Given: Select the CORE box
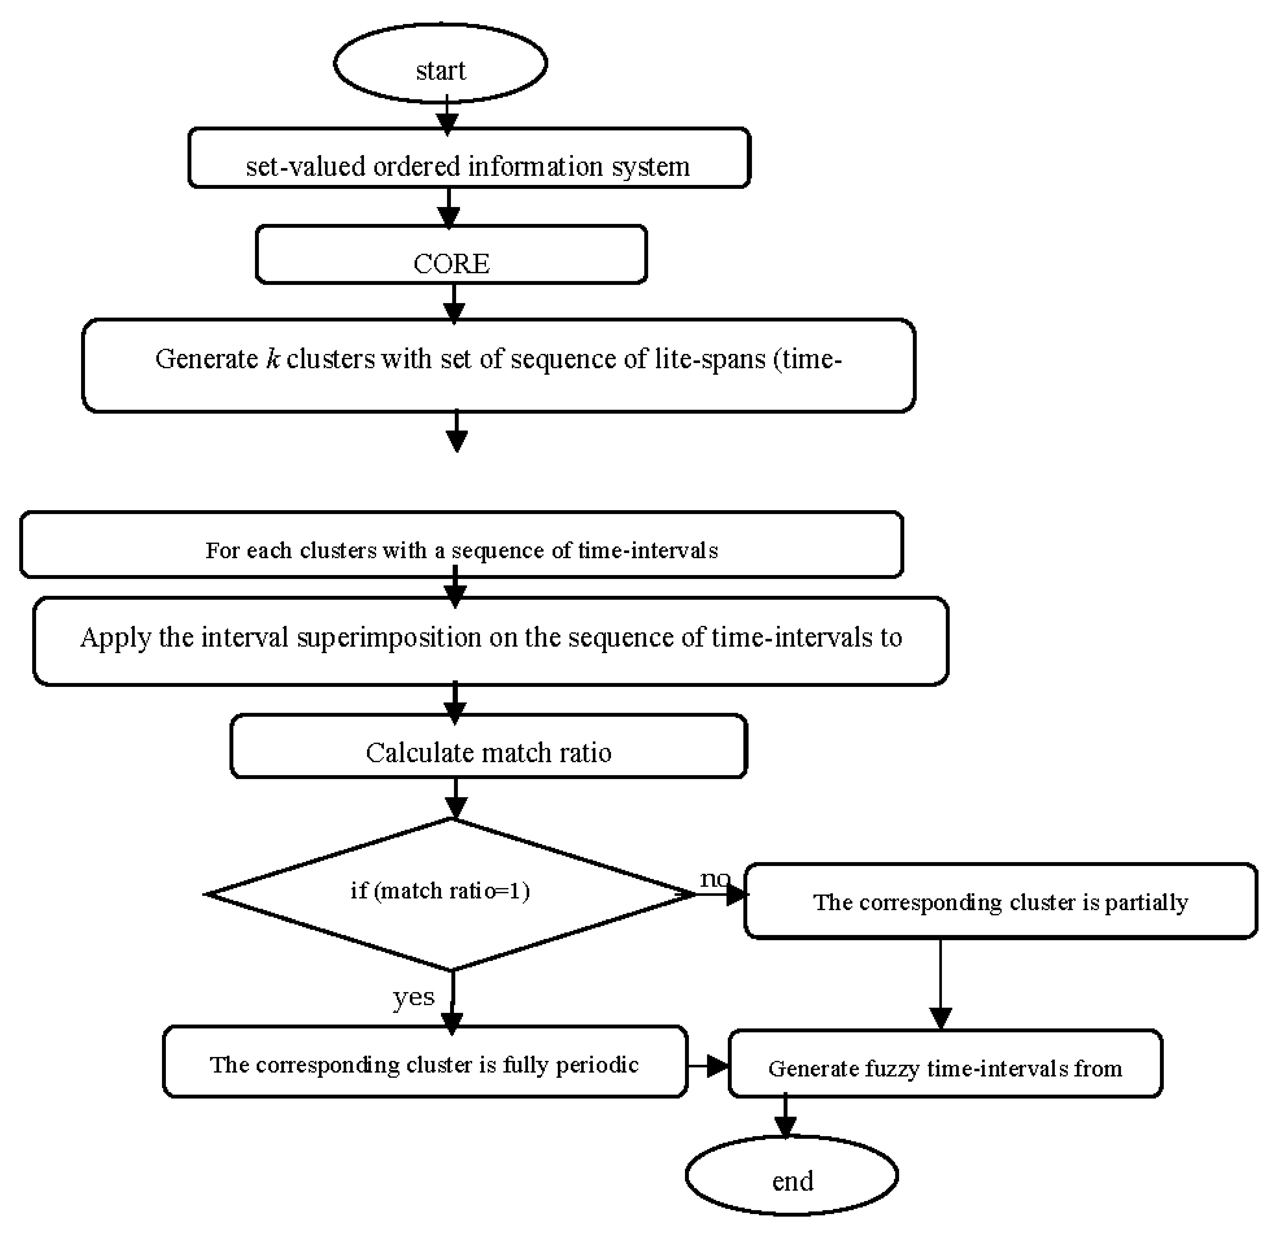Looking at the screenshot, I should (451, 255).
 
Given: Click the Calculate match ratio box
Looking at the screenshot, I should (489, 746).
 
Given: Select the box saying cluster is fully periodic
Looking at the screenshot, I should (425, 1064).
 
